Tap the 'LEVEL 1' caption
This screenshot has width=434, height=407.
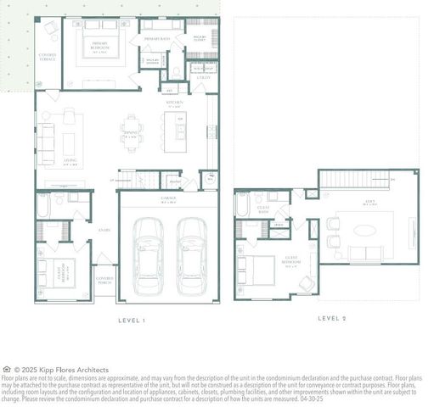click(x=132, y=321)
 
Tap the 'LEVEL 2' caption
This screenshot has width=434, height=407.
click(x=331, y=318)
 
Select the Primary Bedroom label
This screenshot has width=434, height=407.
click(x=93, y=49)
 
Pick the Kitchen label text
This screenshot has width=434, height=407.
click(x=175, y=103)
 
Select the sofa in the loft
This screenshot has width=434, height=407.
click(x=365, y=254)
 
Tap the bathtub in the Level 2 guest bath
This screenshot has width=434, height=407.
click(x=242, y=205)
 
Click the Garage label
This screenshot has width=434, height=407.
click(x=168, y=200)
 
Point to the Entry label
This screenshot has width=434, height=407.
click(x=104, y=229)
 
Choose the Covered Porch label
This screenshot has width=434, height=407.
click(x=104, y=280)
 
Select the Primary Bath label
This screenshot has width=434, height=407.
click(x=157, y=39)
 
